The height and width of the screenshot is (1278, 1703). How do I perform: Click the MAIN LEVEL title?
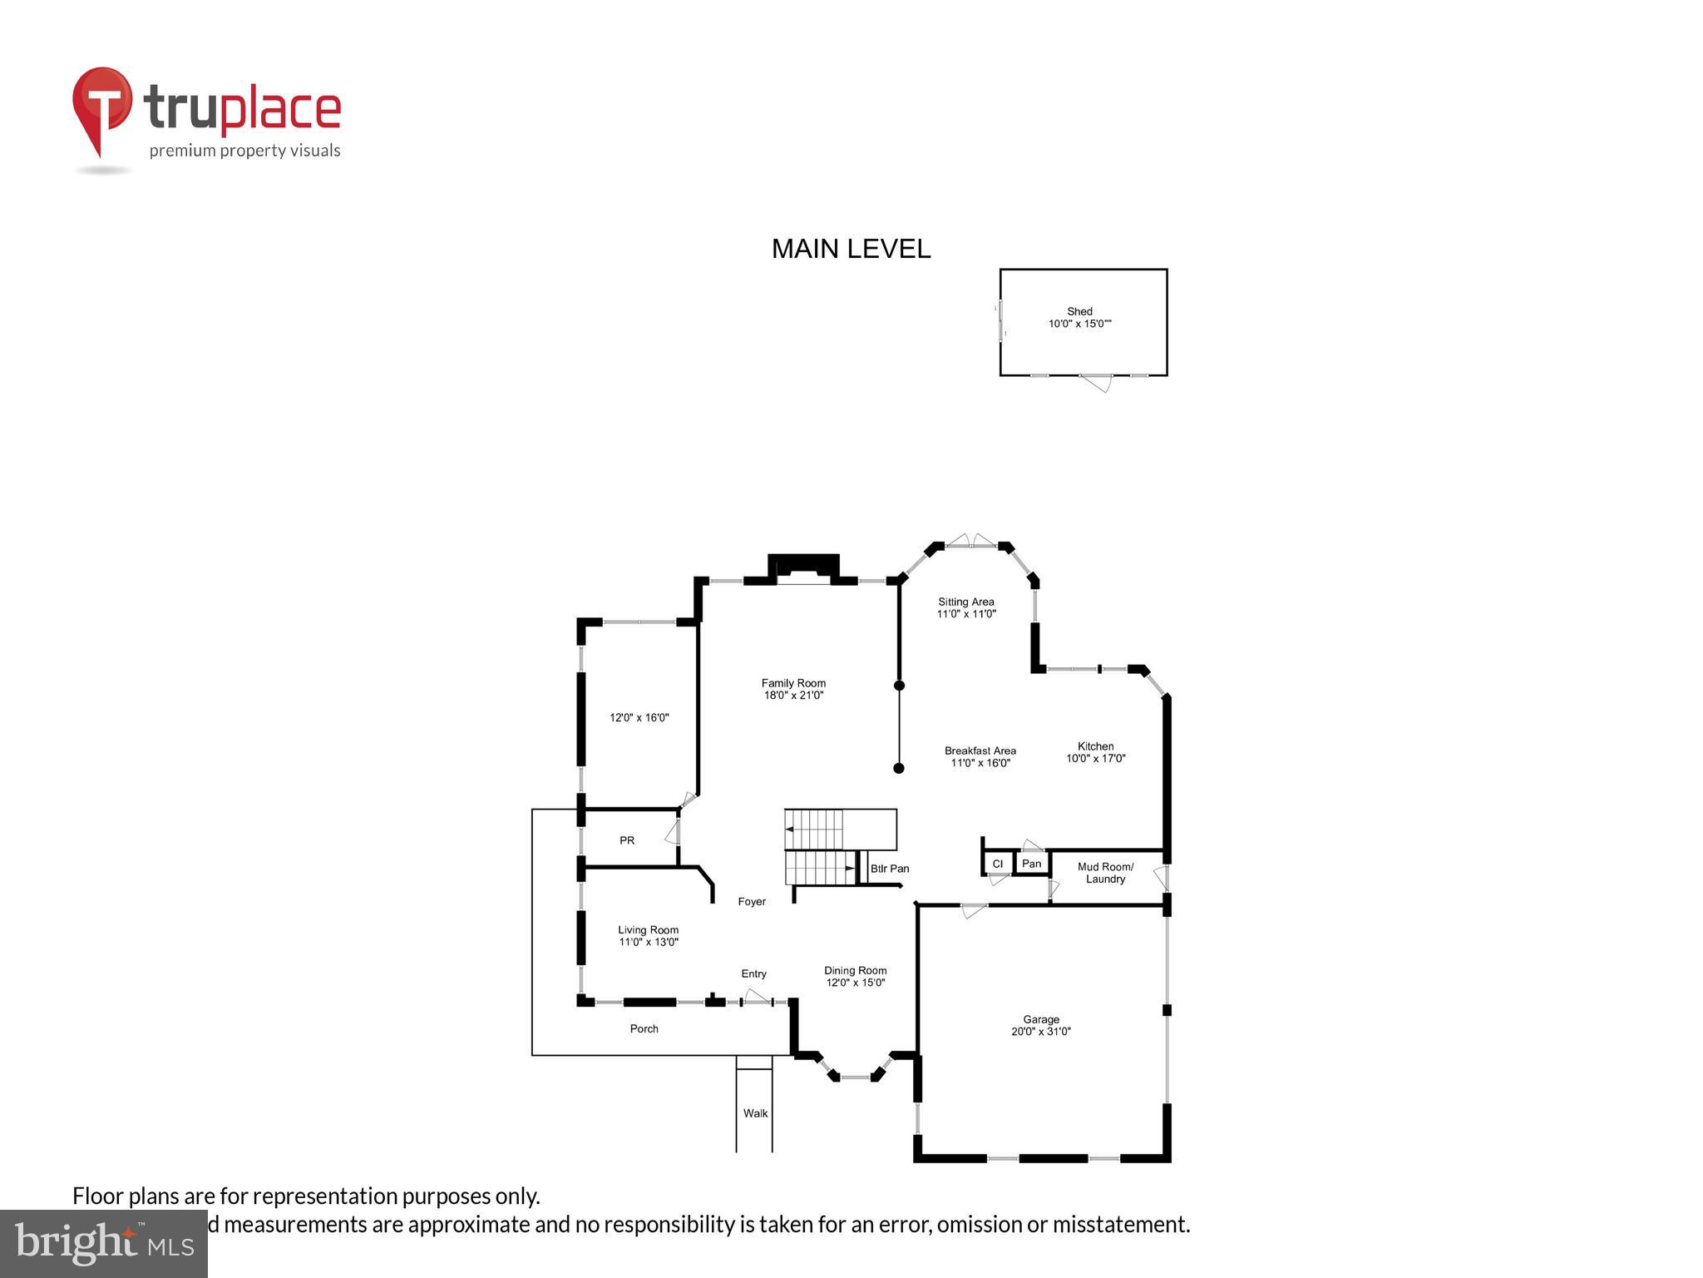[x=851, y=249]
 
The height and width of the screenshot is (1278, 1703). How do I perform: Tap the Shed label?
[x=1079, y=312]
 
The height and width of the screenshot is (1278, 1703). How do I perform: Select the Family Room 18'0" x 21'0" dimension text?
[x=793, y=696]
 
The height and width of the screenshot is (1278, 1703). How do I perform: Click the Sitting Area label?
[x=965, y=602]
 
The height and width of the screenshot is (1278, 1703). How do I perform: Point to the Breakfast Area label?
[x=980, y=750]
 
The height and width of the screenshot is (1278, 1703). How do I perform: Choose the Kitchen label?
[x=1095, y=746]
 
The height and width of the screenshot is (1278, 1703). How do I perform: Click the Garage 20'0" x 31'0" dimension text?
[x=1040, y=1032]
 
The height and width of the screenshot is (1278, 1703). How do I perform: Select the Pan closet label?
[x=1031, y=864]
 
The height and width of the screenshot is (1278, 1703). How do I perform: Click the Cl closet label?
[x=997, y=864]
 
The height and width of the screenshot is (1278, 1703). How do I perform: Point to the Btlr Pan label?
[x=889, y=869]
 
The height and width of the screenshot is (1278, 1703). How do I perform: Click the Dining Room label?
[x=855, y=970]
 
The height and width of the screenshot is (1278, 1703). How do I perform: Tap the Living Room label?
[x=648, y=930]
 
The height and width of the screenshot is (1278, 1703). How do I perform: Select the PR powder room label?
[x=627, y=840]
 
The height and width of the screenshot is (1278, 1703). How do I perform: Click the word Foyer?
[x=752, y=901]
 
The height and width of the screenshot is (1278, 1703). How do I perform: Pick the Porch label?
[x=644, y=1029]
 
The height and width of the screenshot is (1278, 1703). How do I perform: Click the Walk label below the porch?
[x=755, y=1113]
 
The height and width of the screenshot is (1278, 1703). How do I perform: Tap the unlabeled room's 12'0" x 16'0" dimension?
[x=639, y=717]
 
